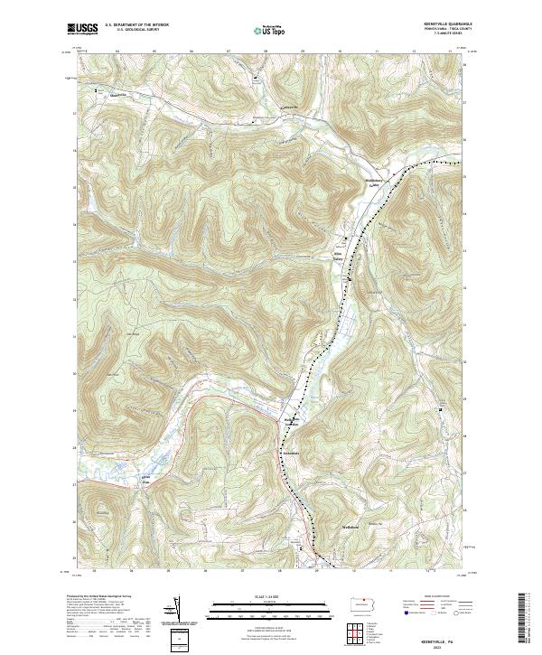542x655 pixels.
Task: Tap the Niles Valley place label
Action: click(342, 245)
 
